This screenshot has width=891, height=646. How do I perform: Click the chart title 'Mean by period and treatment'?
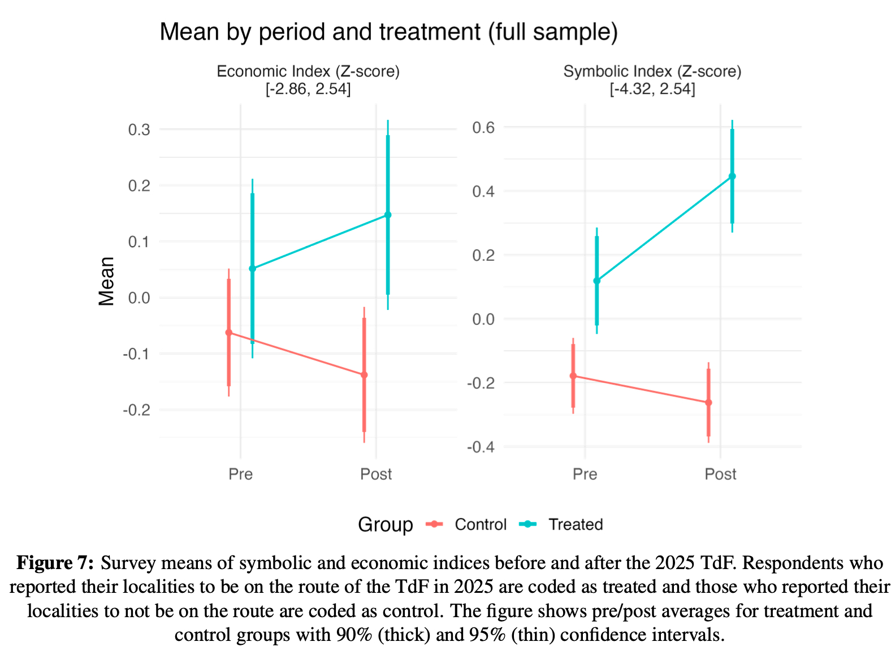click(388, 32)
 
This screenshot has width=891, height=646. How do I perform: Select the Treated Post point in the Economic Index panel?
click(388, 215)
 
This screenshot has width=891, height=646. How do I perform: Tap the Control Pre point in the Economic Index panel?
click(228, 333)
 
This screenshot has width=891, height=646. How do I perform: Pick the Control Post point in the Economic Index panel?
click(364, 375)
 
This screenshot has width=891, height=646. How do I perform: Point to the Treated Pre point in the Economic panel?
click(252, 269)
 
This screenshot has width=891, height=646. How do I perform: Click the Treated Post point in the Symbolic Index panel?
click(732, 176)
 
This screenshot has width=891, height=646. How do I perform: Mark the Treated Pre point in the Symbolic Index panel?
click(596, 281)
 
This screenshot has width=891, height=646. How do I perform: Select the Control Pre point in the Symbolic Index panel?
click(573, 376)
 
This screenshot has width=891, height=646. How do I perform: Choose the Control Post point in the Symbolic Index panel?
click(708, 403)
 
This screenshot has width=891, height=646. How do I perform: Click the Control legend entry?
click(480, 524)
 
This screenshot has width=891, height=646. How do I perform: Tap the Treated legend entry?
click(575, 524)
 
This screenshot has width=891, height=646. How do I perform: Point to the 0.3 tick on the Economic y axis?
click(139, 130)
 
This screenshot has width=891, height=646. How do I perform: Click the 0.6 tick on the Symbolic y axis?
click(483, 127)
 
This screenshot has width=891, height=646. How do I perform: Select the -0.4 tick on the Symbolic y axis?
click(481, 447)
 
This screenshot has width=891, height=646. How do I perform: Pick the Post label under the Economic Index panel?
click(376, 474)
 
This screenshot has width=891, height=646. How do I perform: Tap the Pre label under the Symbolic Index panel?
click(585, 474)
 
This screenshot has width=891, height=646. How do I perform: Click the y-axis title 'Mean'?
click(106, 281)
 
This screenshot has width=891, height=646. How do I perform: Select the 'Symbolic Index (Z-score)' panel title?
click(652, 71)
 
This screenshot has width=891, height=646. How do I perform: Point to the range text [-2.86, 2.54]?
click(308, 89)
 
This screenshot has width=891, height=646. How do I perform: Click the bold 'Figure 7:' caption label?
click(55, 563)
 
